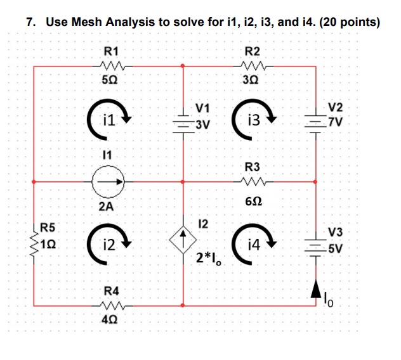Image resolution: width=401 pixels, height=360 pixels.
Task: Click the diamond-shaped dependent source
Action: pos(183,241)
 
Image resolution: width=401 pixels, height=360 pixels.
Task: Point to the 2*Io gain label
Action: pos(209,257)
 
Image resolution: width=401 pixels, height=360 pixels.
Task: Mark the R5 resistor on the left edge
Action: pos(33,243)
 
